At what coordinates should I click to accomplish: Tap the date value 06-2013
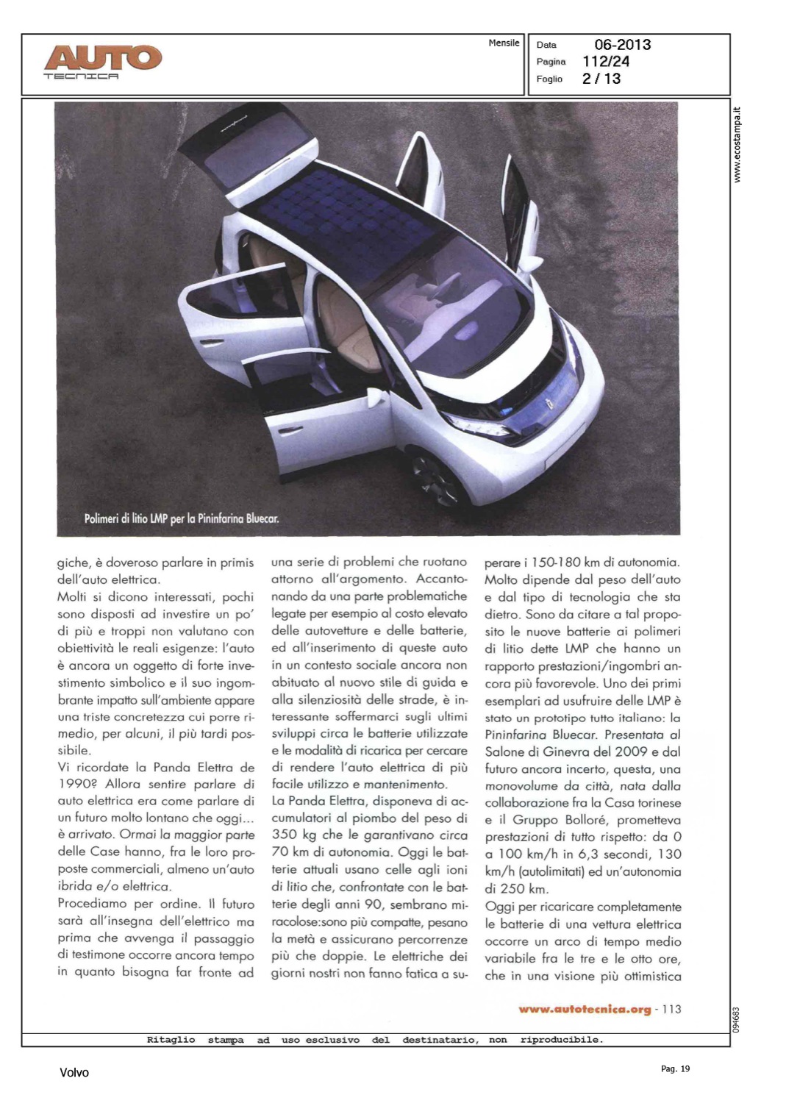click(x=622, y=45)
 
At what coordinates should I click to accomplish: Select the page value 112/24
click(x=605, y=62)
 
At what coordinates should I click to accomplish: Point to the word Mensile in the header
click(x=504, y=43)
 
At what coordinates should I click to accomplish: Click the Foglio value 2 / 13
click(x=601, y=79)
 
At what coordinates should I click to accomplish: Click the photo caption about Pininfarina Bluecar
click(x=182, y=518)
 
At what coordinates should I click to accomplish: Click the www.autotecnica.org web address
click(x=585, y=1010)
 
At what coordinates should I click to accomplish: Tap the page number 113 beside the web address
click(x=671, y=1010)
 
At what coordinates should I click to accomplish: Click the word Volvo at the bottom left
click(x=74, y=1073)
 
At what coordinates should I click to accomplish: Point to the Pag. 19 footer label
click(x=675, y=1068)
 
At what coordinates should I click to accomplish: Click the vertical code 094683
click(x=737, y=1019)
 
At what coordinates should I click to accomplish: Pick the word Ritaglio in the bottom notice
click(x=171, y=1040)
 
